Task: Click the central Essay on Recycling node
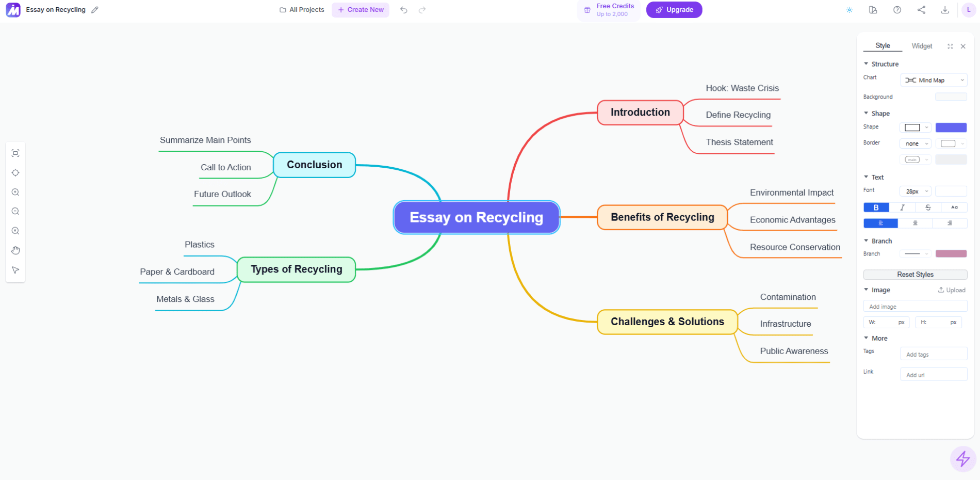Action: [477, 217]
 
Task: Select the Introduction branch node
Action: [640, 113]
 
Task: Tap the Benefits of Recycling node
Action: [662, 217]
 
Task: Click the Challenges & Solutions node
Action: [667, 322]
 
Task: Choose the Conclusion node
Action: [314, 165]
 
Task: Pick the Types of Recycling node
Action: [296, 269]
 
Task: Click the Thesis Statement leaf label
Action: [739, 142]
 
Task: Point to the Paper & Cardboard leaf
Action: [177, 272]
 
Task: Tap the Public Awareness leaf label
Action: [794, 351]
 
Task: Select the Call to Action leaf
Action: [225, 167]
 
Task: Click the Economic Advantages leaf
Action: [792, 220]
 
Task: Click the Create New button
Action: [361, 10]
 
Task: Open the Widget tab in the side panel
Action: [921, 46]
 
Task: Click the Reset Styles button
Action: [914, 275]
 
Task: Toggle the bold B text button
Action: [876, 207]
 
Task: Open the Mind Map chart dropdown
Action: [934, 81]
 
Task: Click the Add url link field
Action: [933, 375]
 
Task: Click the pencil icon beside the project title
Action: [95, 10]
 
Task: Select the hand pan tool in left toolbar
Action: [15, 250]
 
